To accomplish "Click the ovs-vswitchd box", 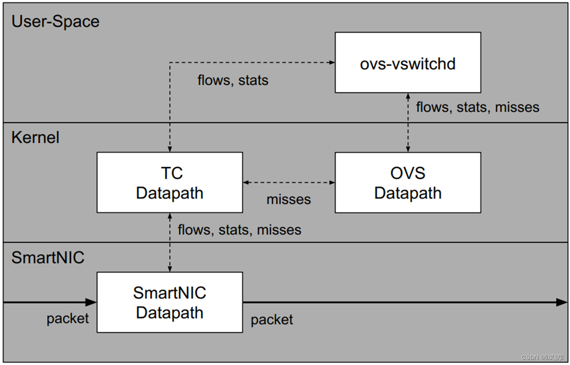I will [x=407, y=63].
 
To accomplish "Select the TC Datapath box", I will [x=170, y=182].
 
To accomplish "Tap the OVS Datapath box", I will [x=407, y=182].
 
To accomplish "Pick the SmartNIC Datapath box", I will [x=170, y=302].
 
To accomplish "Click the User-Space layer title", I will [x=55, y=21].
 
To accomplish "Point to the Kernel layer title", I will [x=36, y=138].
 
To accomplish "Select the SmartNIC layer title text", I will [x=48, y=258].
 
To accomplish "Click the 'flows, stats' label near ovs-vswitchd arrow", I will [x=233, y=80].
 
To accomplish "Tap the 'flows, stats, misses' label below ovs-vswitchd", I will [x=477, y=107].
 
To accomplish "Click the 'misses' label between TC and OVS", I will [x=288, y=200].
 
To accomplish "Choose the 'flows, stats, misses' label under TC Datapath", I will [x=239, y=230].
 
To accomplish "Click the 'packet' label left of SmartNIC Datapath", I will [x=67, y=319].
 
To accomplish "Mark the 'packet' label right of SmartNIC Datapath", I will [x=272, y=320].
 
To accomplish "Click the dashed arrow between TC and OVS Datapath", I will [x=288, y=182].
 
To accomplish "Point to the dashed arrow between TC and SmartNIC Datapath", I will [x=170, y=242].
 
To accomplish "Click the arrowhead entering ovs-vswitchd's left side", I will [x=331, y=62].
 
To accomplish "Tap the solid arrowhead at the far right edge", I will [x=562, y=302].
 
